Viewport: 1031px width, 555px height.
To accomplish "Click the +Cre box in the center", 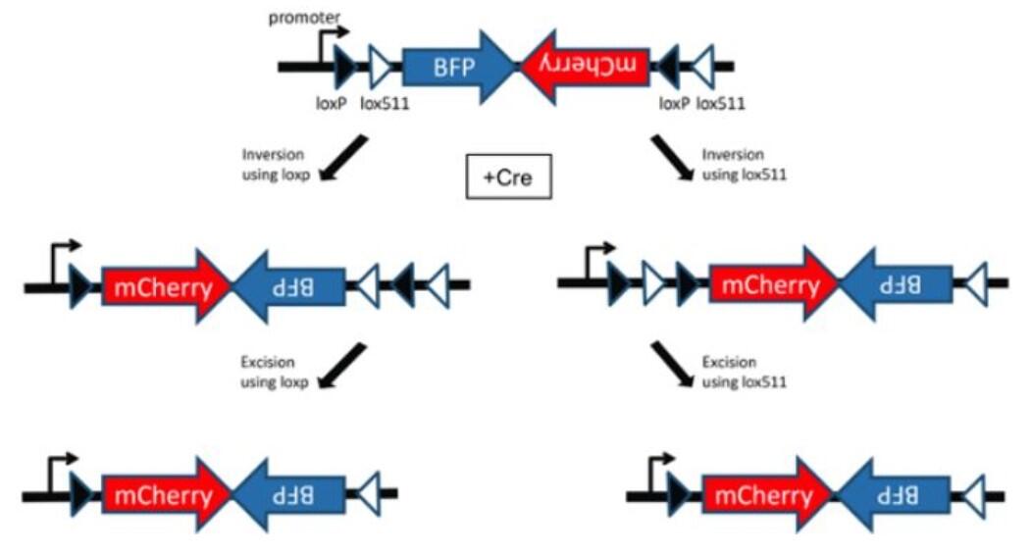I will [508, 180].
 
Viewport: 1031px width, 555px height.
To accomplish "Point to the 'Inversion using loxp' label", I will [270, 167].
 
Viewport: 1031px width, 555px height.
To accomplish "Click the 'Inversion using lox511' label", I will [744, 167].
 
